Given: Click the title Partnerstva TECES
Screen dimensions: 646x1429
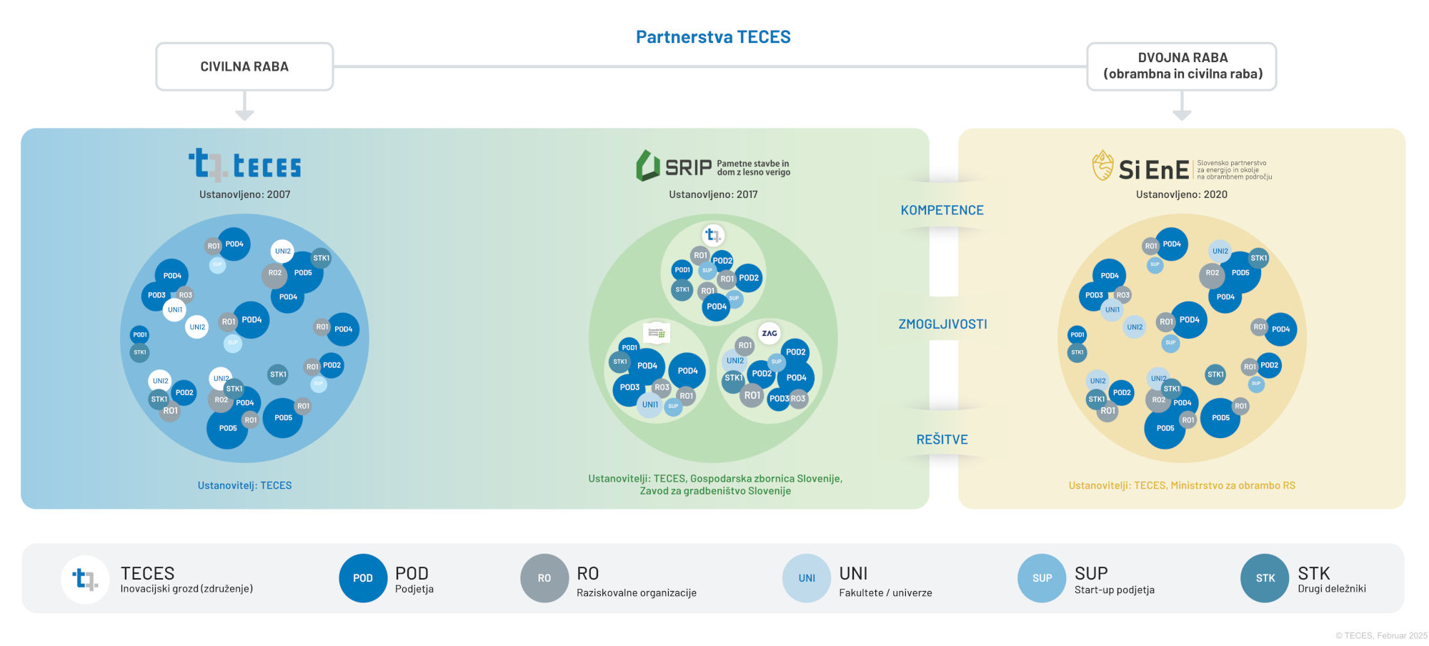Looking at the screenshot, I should tap(713, 37).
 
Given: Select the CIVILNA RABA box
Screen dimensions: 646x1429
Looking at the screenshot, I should tap(244, 66).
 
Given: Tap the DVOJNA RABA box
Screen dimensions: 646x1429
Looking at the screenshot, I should tap(1182, 66).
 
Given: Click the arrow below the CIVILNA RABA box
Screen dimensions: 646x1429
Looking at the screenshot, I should tap(244, 107).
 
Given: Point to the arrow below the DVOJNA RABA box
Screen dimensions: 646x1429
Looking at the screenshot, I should tap(1182, 107).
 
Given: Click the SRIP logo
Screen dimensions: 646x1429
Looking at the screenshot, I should tap(712, 167).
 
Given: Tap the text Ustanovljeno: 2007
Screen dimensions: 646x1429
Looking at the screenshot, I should tap(244, 194).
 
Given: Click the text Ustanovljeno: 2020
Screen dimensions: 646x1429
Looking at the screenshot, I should tap(1182, 194).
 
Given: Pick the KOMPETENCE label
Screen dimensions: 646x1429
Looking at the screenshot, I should tap(942, 210).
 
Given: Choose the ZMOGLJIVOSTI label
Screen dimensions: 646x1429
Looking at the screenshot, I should tap(942, 324).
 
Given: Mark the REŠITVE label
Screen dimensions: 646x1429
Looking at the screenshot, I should tap(942, 439).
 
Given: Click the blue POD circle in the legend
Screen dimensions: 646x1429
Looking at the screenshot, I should tap(363, 578).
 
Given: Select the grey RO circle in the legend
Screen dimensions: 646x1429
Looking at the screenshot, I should tap(544, 578).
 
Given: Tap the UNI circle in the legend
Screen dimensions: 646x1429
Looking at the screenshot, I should tap(807, 578).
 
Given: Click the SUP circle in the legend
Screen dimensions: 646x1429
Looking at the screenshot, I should tap(1042, 578).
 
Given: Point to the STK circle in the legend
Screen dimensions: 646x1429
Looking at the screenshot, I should tap(1265, 578).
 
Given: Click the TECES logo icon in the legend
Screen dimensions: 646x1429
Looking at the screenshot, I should tap(86, 579).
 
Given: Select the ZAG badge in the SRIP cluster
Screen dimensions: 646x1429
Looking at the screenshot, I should tap(770, 333).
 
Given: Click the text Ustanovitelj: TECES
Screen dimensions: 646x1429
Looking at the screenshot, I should tap(244, 485).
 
